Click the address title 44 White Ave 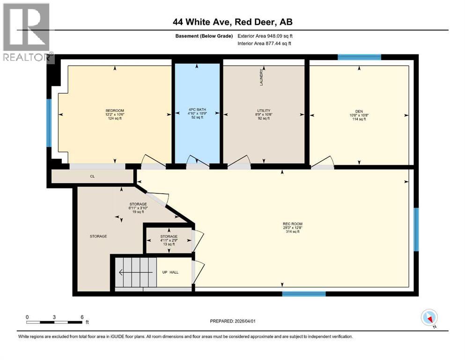232,22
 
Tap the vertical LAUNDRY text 262,77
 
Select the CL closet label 92,177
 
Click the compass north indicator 429,318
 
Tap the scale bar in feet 55,322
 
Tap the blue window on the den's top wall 359,57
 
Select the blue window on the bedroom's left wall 49,123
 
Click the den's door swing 322,162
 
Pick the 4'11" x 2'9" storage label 169,240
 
